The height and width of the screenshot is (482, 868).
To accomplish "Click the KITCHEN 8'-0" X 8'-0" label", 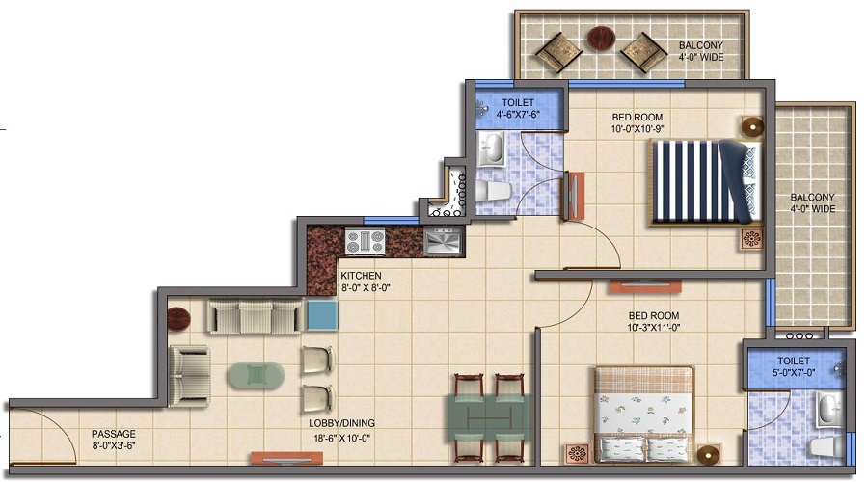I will click(x=365, y=281).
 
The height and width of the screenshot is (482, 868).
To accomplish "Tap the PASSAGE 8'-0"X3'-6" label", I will click(x=114, y=440).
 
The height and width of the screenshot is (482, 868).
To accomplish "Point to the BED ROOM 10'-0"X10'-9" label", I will click(x=638, y=124).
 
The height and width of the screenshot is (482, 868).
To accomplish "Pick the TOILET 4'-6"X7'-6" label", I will click(x=518, y=107).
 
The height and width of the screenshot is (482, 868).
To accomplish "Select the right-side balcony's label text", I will click(x=812, y=202).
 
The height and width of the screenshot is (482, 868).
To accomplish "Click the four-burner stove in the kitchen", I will click(x=365, y=241).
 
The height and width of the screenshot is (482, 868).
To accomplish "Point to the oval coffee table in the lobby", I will click(x=256, y=374).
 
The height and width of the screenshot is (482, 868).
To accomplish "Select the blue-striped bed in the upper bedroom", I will click(x=704, y=181).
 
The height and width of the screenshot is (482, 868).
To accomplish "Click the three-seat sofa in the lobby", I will click(x=256, y=316).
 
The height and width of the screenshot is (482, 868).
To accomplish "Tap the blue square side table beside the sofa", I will click(x=323, y=314).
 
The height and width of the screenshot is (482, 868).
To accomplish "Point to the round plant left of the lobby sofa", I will click(x=179, y=315).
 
